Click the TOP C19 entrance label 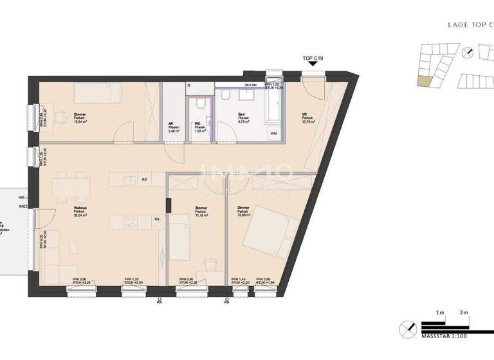coord(313,59)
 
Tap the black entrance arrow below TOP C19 coord(313,67)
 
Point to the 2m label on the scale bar coord(464,312)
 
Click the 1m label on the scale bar coord(441,312)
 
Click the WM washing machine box coord(273,134)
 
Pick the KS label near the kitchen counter coord(157,219)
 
